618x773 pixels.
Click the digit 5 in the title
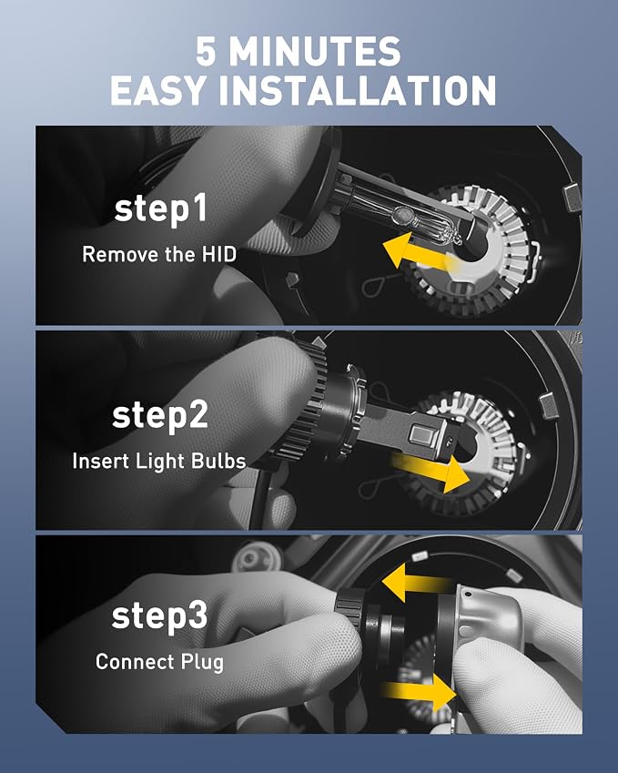(x=206, y=51)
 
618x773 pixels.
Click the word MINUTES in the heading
(x=315, y=51)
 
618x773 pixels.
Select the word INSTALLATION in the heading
(x=356, y=90)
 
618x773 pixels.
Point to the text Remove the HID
(x=159, y=254)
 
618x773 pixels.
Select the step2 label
(x=160, y=415)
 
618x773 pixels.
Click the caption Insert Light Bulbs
(x=159, y=462)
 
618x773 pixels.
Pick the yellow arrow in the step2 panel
(x=430, y=473)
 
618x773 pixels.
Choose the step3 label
(x=159, y=615)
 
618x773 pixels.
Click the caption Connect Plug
(x=159, y=662)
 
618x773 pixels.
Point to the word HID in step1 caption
(x=218, y=254)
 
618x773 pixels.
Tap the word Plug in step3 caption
(x=202, y=663)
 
